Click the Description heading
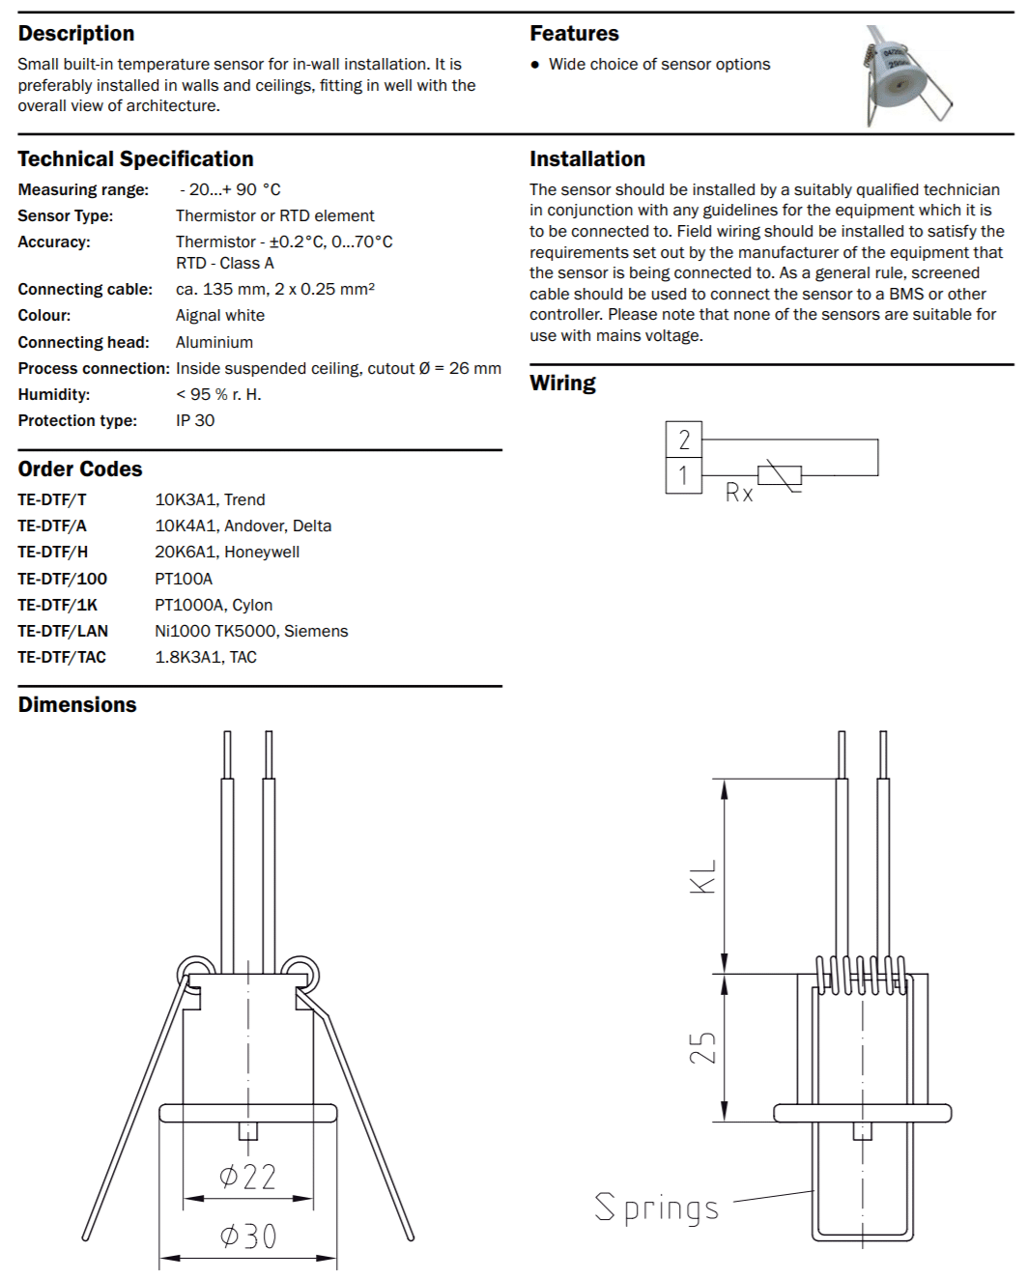[x=76, y=34]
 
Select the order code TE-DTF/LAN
[x=63, y=631]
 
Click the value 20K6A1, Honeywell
[x=227, y=552]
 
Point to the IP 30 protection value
[x=195, y=420]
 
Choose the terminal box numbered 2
[x=684, y=440]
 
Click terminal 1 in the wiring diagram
[x=684, y=475]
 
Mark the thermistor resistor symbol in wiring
[x=780, y=475]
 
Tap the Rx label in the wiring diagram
[x=739, y=494]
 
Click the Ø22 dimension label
[x=248, y=1177]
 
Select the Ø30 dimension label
[x=248, y=1236]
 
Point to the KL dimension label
[x=702, y=877]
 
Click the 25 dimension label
[x=702, y=1048]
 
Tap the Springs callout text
[x=657, y=1208]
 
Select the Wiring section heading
[x=562, y=384]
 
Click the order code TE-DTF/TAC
[x=62, y=657]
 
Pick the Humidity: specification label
[x=54, y=394]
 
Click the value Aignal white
[x=220, y=315]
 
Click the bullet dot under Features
[x=535, y=65]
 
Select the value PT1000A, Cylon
[x=214, y=605]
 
